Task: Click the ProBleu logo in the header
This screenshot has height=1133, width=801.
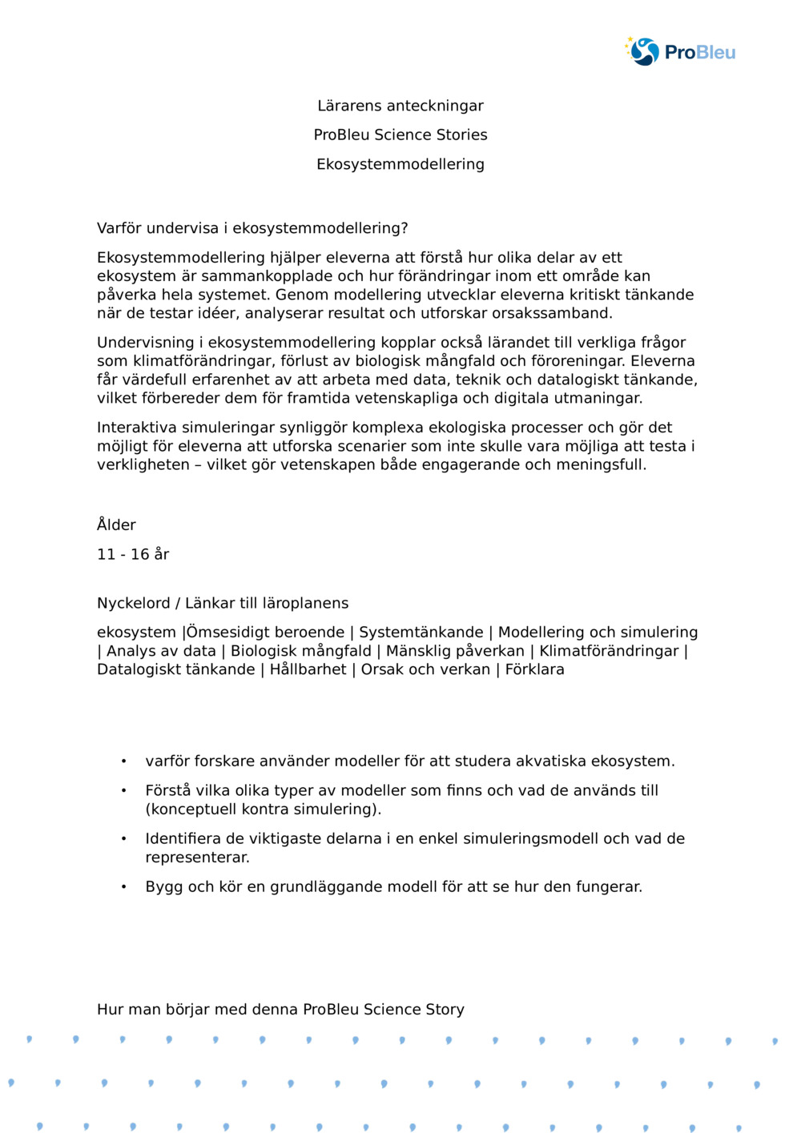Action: coord(680,52)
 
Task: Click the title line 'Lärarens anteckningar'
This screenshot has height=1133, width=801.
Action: coord(400,106)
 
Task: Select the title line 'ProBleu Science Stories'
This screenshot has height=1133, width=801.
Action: coord(400,135)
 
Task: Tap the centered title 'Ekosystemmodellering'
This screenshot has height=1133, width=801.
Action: coord(400,164)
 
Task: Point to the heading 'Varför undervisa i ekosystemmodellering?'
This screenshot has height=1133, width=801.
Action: coord(252,228)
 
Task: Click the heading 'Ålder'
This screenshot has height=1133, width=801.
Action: coord(116,525)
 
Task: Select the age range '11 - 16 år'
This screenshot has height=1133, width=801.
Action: coord(133,554)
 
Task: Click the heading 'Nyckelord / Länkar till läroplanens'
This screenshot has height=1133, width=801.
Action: coord(223,603)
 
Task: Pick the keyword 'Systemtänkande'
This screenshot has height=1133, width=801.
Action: coord(421,633)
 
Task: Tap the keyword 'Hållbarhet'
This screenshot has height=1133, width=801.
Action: coord(308,669)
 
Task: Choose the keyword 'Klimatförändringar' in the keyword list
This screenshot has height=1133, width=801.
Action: coord(609,651)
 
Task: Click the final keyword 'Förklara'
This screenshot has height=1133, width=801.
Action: coord(534,669)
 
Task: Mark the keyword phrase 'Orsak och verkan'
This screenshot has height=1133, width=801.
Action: coord(425,669)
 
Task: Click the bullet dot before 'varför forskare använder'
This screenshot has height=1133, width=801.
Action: coord(123,761)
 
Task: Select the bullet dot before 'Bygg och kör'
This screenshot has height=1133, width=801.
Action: coord(123,887)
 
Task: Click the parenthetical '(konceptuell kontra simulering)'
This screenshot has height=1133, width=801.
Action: coord(263,810)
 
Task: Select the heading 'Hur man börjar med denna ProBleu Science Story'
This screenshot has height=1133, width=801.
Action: coord(280,1010)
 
